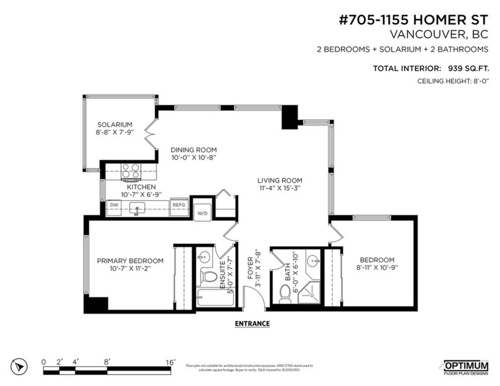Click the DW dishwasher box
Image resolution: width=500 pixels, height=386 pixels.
[x=115, y=205]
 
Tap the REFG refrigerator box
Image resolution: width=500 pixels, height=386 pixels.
[x=179, y=205]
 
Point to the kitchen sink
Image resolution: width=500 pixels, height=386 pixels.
[x=139, y=208]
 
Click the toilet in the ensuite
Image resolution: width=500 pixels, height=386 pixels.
[x=209, y=277]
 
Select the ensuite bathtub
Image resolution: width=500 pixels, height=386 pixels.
[x=215, y=297]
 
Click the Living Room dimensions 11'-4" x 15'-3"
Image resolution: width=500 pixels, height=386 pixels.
[x=280, y=189]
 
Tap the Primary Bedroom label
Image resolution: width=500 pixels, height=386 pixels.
[x=130, y=261]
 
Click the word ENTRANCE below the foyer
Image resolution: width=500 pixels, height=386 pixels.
[x=252, y=324]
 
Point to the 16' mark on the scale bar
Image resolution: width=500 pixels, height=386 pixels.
[x=170, y=362]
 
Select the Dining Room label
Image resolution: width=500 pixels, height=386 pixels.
[x=193, y=150]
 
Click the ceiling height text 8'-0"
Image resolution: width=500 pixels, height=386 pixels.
[x=477, y=81]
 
